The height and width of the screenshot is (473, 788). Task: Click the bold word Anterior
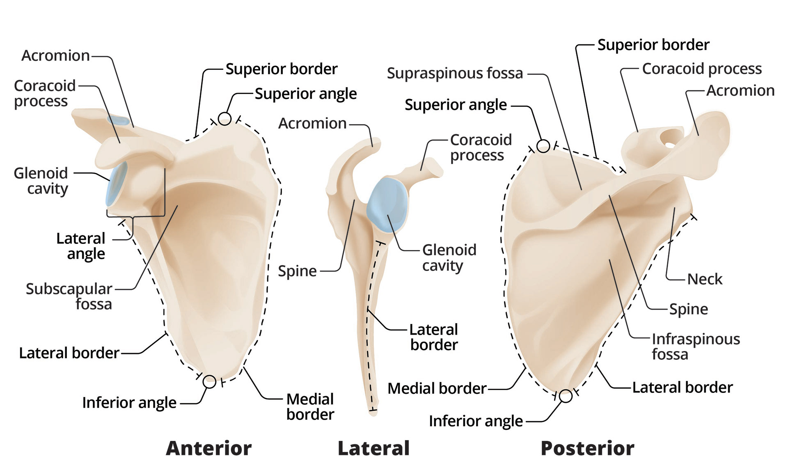pyautogui.click(x=208, y=448)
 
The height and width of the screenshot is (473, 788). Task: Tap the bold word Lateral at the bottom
pyautogui.click(x=373, y=448)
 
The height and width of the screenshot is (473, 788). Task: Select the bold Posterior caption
pyautogui.click(x=587, y=448)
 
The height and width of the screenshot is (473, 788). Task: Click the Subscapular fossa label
pyautogui.click(x=69, y=296)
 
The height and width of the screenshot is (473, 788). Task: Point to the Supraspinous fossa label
pyautogui.click(x=455, y=73)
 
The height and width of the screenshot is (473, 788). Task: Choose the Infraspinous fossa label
pyautogui.click(x=696, y=346)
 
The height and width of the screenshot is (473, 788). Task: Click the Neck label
pyautogui.click(x=704, y=279)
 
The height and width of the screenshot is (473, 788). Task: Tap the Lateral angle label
pyautogui.click(x=81, y=246)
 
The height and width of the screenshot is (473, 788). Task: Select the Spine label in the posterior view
pyautogui.click(x=688, y=309)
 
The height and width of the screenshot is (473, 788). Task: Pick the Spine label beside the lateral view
pyautogui.click(x=297, y=271)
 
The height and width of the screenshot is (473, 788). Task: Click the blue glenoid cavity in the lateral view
pyautogui.click(x=387, y=204)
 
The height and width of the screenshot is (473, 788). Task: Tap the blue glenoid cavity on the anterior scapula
pyautogui.click(x=116, y=184)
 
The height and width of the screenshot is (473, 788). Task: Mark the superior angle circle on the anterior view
pyautogui.click(x=224, y=119)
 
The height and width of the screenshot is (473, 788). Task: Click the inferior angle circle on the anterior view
pyautogui.click(x=209, y=382)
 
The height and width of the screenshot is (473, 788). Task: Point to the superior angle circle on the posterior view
pyautogui.click(x=543, y=146)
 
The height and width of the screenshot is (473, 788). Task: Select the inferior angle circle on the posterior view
pyautogui.click(x=566, y=396)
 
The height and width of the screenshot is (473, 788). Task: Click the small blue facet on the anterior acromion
pyautogui.click(x=118, y=120)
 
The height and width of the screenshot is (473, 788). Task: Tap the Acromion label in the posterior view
pyautogui.click(x=740, y=91)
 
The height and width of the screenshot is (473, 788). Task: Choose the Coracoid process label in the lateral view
pyautogui.click(x=481, y=147)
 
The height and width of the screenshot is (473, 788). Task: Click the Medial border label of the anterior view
pyautogui.click(x=310, y=406)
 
